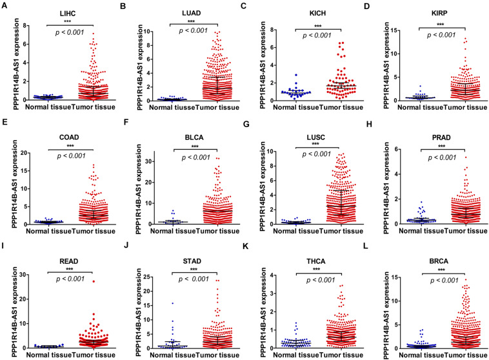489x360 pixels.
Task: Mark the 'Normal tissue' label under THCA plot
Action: (x=282, y=354)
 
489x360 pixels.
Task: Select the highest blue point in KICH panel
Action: (x=296, y=75)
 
